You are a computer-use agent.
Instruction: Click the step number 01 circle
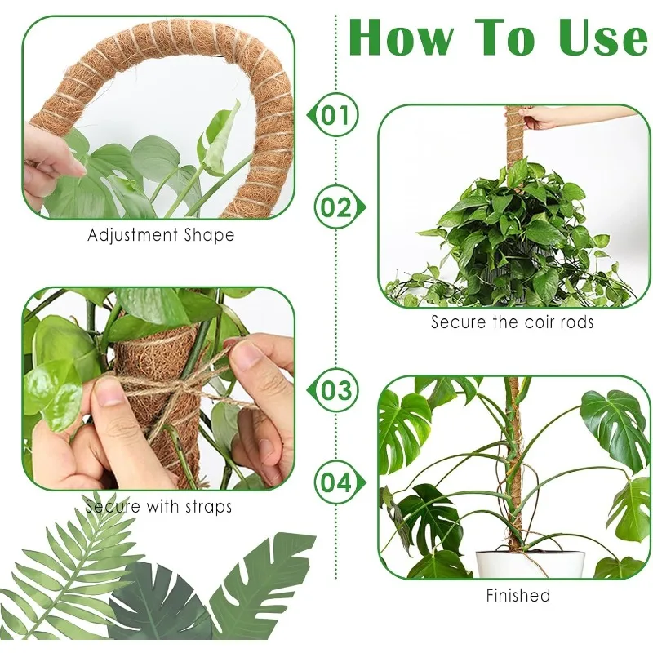pyautogui.click(x=334, y=115)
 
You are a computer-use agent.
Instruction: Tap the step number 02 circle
pyautogui.click(x=334, y=207)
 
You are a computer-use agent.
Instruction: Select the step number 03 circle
pyautogui.click(x=334, y=389)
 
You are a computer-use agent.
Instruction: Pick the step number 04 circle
pyautogui.click(x=334, y=482)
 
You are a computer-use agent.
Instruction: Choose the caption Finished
pyautogui.click(x=518, y=595)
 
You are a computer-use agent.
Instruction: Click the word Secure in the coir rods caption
pyautogui.click(x=458, y=322)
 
